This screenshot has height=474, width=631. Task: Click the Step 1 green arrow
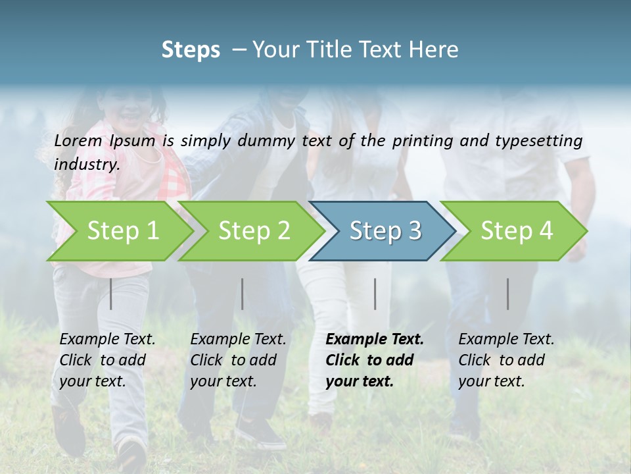[122, 231]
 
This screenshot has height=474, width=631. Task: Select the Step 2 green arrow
[253, 231]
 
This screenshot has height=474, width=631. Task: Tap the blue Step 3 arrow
[385, 231]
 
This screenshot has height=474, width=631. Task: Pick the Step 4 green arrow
[516, 231]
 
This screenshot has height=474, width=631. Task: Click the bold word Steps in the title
[191, 49]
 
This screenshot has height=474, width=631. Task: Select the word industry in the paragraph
[86, 165]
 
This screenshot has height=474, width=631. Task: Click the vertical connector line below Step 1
[111, 294]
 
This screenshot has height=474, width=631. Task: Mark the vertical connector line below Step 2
[243, 294]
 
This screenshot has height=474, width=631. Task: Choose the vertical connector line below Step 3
[375, 294]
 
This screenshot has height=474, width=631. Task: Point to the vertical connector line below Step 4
[508, 294]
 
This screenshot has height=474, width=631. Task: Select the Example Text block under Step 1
[106, 360]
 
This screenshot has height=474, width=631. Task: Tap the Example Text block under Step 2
[237, 360]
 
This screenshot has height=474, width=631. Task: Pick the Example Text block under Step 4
[505, 360]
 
